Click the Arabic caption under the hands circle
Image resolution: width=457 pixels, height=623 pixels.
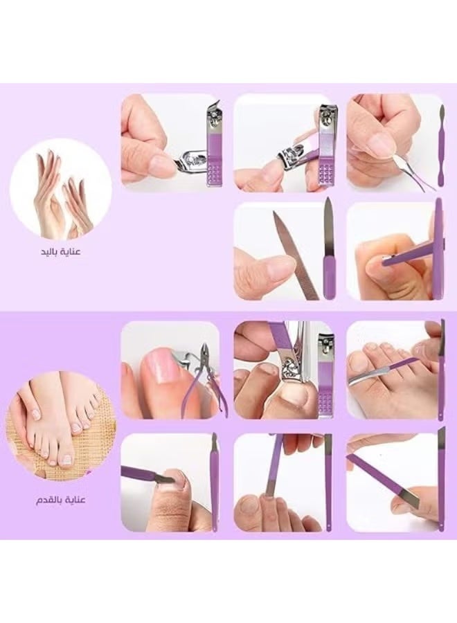click(60, 251)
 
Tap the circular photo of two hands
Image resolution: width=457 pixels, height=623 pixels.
click(62, 190)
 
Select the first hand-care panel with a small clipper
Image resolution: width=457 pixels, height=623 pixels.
click(170, 142)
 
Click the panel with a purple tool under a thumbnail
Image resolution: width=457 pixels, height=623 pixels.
click(395, 251)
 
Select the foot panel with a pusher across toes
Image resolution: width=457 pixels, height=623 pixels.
click(395, 370)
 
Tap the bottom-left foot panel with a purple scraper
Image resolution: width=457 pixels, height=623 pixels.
click(170, 482)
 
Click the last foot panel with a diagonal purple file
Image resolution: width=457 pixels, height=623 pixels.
click(395, 482)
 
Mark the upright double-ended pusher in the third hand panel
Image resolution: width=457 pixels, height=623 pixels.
click(440, 145)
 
